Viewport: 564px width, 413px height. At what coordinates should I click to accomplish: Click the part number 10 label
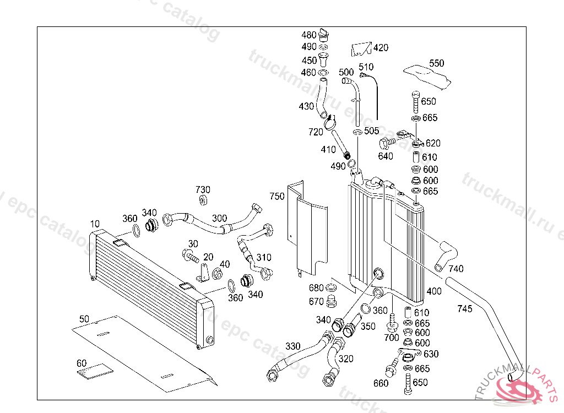pyautogui.click(x=95, y=224)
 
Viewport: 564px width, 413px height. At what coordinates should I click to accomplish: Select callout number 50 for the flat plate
pyautogui.click(x=84, y=319)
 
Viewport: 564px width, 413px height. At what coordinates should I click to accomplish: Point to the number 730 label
pyautogui.click(x=203, y=190)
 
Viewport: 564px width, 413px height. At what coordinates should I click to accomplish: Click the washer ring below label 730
pyautogui.click(x=203, y=200)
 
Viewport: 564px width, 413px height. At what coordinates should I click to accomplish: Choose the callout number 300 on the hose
pyautogui.click(x=219, y=219)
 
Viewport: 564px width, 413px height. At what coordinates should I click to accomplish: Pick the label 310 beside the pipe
pyautogui.click(x=264, y=257)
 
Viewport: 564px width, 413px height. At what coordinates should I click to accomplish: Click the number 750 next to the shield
pyautogui.click(x=277, y=197)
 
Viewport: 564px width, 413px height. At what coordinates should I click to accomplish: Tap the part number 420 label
pyautogui.click(x=381, y=48)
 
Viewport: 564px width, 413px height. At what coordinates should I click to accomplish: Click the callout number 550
pyautogui.click(x=436, y=63)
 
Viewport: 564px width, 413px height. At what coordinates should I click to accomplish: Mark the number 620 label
pyautogui.click(x=433, y=143)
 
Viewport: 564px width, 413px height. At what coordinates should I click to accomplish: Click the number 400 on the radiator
pyautogui.click(x=434, y=290)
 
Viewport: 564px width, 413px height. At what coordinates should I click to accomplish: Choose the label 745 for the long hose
pyautogui.click(x=465, y=309)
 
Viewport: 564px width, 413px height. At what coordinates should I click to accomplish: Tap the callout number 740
pyautogui.click(x=456, y=269)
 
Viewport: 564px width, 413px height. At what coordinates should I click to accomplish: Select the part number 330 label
pyautogui.click(x=293, y=346)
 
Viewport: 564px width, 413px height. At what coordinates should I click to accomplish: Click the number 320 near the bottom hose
pyautogui.click(x=346, y=358)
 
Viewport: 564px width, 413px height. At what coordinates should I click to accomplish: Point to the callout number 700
pyautogui.click(x=391, y=337)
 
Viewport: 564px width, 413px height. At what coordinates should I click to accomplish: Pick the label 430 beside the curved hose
pyautogui.click(x=306, y=106)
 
